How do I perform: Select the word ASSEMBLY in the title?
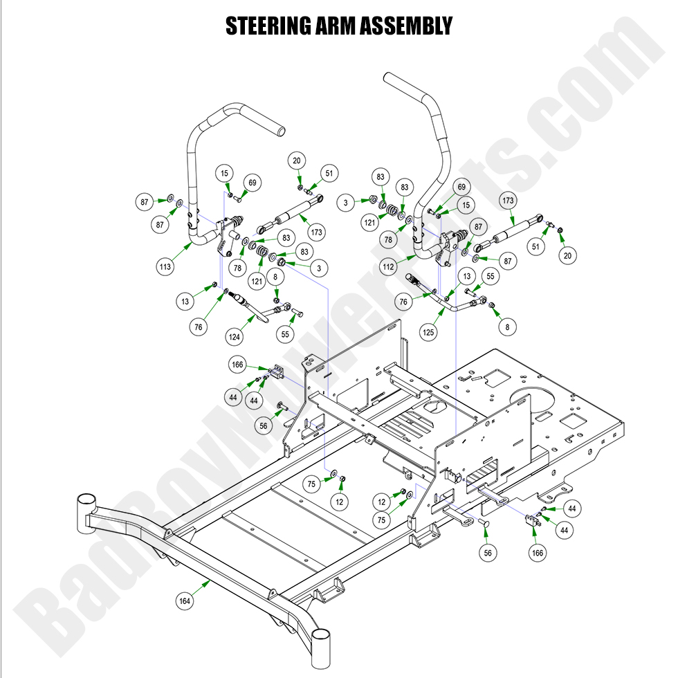click(x=414, y=26)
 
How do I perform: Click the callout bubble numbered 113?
click(x=165, y=266)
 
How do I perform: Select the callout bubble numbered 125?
click(x=430, y=333)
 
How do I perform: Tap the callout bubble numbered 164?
click(x=185, y=601)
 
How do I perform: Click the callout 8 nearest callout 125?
click(x=509, y=326)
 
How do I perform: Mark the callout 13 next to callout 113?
click(x=185, y=301)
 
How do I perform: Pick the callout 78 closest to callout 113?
click(x=238, y=267)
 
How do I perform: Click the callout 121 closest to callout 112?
click(x=369, y=223)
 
